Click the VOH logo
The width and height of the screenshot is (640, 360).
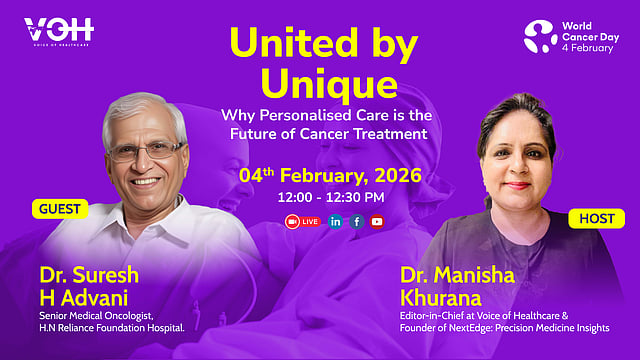[59, 31]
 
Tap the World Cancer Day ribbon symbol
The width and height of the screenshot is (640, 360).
[540, 37]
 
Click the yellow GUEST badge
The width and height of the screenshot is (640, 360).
[60, 209]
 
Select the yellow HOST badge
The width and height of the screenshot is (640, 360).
[596, 219]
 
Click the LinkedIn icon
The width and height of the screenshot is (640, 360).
[335, 222]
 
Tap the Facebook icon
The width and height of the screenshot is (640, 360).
[356, 222]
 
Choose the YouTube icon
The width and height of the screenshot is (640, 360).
[377, 222]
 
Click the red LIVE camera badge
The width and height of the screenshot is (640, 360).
[302, 222]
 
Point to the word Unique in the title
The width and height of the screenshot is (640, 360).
[329, 84]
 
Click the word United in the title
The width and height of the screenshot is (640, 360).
[294, 42]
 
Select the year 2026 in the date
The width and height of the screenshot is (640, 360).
[398, 176]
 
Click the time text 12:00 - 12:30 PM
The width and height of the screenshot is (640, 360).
[331, 198]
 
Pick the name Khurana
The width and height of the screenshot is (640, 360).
[441, 298]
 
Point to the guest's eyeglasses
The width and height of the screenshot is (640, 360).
[146, 151]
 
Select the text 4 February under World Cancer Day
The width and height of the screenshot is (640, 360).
[587, 48]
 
